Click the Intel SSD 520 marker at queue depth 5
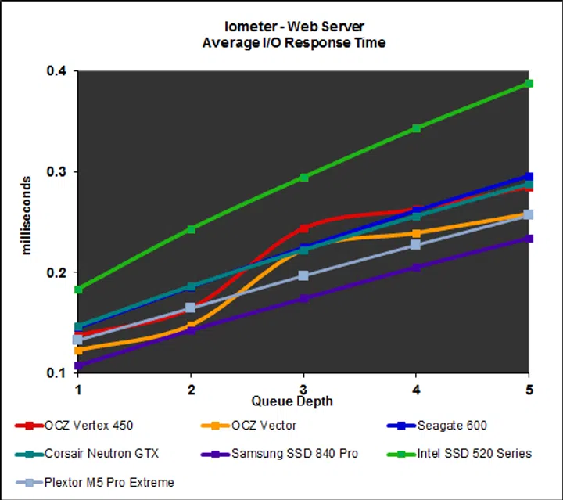pos(529,84)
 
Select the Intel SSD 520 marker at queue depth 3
pos(303,178)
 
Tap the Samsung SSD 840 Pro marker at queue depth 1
pos(78,365)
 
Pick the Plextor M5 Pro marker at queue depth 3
pos(303,275)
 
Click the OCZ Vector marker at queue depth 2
pos(191,326)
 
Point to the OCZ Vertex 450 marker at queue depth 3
pos(303,228)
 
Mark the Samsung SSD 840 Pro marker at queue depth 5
pos(529,238)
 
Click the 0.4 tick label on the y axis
pos(57,72)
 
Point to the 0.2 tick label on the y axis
pos(57,272)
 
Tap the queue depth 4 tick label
pos(416,389)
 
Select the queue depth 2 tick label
pos(191,389)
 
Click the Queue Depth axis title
pos(292,401)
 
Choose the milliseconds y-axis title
pos(27,221)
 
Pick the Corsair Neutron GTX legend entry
pos(102,454)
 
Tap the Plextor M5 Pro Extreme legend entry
pos(109,482)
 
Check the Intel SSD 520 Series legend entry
pos(474,454)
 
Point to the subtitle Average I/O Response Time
pos(293,43)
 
